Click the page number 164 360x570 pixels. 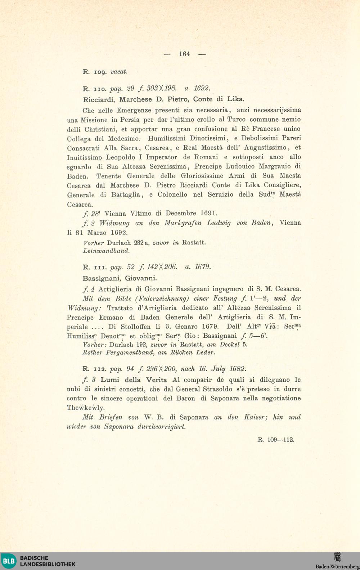point(184,54)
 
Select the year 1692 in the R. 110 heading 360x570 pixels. point(202,88)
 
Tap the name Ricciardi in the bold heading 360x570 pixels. point(100,99)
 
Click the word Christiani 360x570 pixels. point(101,129)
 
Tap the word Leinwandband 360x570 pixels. point(106,251)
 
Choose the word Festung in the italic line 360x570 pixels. point(225,299)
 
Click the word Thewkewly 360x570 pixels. point(86,408)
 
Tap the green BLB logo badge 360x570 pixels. point(9,561)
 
